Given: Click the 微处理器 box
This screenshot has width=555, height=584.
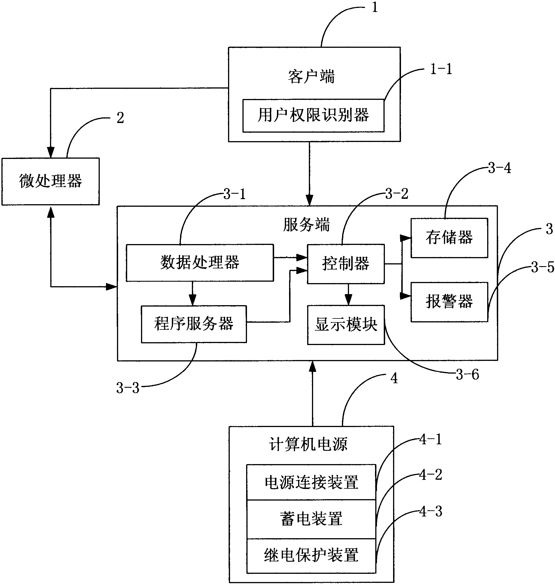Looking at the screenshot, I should point(51,181).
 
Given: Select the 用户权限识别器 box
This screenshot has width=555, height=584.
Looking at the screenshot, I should point(313,115).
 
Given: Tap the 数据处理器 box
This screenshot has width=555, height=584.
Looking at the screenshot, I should point(200,262).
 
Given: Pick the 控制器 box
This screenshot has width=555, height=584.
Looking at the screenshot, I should point(346,264).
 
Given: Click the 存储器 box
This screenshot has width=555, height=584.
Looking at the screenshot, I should point(449,238).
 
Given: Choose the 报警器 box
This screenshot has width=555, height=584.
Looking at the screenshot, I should point(449,302).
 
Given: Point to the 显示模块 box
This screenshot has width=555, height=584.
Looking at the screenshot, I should point(346,325).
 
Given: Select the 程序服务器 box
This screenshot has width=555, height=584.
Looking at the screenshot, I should point(194,324).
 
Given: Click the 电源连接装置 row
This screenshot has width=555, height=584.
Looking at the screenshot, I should point(311,482).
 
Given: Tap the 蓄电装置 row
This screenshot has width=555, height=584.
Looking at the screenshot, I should point(311,519).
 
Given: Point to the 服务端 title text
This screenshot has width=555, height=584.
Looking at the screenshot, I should point(307,225).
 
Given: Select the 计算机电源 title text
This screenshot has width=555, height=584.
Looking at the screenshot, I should point(308,444).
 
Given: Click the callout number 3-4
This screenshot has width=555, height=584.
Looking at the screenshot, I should point(499,168).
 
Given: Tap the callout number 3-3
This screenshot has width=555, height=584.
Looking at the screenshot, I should point(127,388).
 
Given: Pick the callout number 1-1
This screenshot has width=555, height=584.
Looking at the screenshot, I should point(441,69).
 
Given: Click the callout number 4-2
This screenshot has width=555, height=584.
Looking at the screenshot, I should point(430,475).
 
